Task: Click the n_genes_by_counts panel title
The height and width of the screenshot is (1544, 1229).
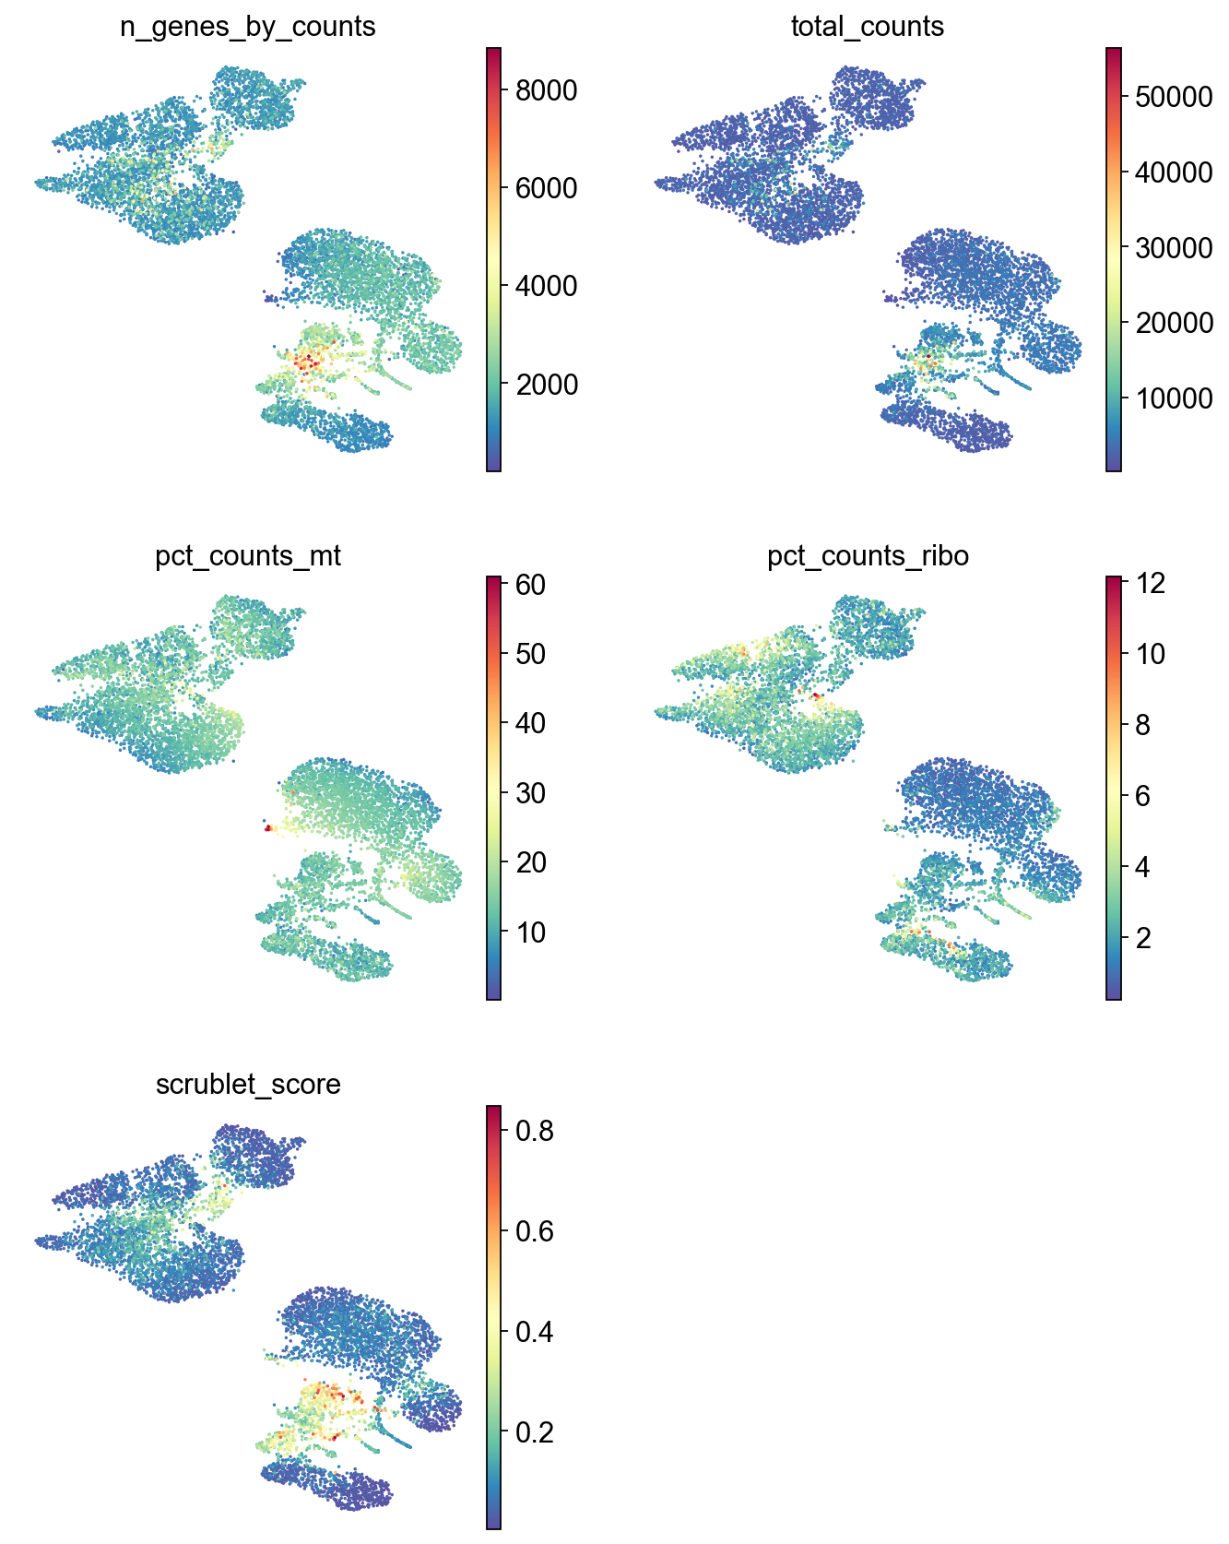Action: coord(247,27)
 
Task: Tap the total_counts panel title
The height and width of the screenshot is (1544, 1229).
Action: coord(867,27)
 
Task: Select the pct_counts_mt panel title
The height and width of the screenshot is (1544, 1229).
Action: coord(248,556)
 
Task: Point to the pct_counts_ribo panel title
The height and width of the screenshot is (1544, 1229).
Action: coord(868,556)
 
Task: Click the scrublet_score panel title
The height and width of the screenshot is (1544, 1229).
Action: coord(248,1084)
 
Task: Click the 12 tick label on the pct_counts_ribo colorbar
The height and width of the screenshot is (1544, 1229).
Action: coord(1151,583)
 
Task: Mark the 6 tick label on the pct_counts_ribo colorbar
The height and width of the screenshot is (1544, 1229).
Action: coord(1143,796)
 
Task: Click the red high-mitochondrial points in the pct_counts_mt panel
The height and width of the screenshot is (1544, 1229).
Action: coord(268,828)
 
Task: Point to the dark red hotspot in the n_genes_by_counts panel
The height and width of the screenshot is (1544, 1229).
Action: coord(308,363)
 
